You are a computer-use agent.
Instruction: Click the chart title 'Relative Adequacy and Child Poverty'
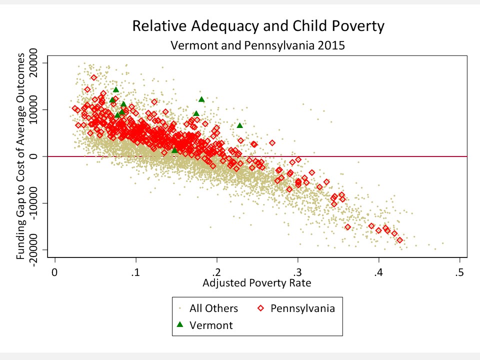(x=258, y=26)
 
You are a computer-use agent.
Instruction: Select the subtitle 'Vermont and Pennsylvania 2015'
(x=258, y=45)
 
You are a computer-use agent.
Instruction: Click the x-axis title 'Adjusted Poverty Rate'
(x=257, y=283)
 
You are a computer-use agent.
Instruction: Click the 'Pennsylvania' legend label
(x=302, y=308)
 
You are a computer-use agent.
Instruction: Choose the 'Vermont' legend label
(x=211, y=325)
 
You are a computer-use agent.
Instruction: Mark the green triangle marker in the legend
(x=180, y=324)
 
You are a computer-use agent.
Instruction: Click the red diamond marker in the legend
(x=260, y=308)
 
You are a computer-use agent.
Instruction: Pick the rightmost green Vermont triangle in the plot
(x=239, y=125)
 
